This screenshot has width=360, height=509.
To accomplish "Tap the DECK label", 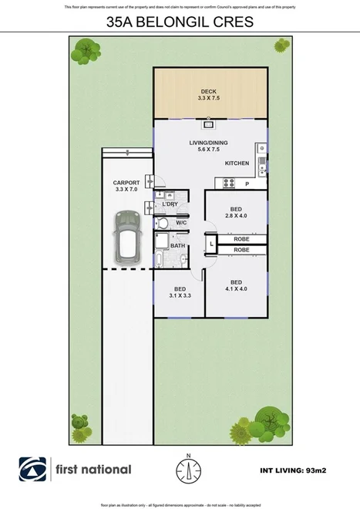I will (x=209, y=94).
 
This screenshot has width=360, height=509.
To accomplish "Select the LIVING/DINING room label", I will (x=210, y=147).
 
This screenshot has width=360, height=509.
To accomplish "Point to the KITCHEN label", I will (x=237, y=164).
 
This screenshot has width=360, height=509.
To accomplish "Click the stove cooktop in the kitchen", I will (x=229, y=182).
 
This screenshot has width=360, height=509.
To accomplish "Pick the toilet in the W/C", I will (x=163, y=223).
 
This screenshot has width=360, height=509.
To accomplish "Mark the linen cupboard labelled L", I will (x=211, y=244).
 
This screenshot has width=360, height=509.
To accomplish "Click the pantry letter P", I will (x=247, y=185).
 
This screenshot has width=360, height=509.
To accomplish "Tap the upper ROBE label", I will (x=241, y=240).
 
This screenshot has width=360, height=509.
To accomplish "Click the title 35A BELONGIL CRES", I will (x=180, y=23).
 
